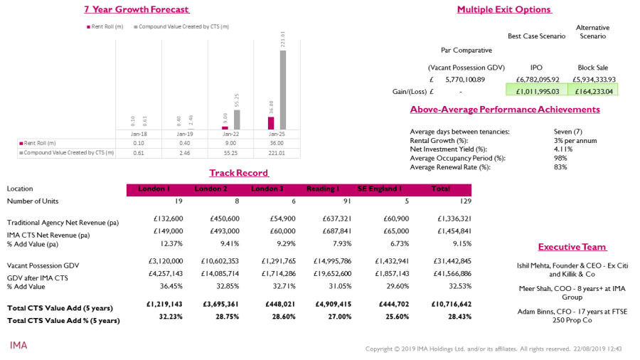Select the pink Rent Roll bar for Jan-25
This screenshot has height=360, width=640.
click(x=271, y=123)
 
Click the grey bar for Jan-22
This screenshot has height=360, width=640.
click(x=237, y=120)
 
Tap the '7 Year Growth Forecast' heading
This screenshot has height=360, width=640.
click(x=137, y=9)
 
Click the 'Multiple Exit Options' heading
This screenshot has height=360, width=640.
click(x=503, y=9)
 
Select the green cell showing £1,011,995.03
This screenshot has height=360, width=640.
click(x=533, y=90)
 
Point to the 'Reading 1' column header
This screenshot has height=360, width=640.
click(x=322, y=189)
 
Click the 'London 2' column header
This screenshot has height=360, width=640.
click(x=210, y=189)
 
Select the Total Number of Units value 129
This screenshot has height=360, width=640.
click(x=442, y=201)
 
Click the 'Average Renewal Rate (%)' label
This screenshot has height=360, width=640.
click(x=450, y=166)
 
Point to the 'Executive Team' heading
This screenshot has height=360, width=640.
click(x=572, y=247)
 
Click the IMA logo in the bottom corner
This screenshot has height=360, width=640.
click(x=18, y=345)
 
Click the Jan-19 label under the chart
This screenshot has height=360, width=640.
click(x=185, y=134)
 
